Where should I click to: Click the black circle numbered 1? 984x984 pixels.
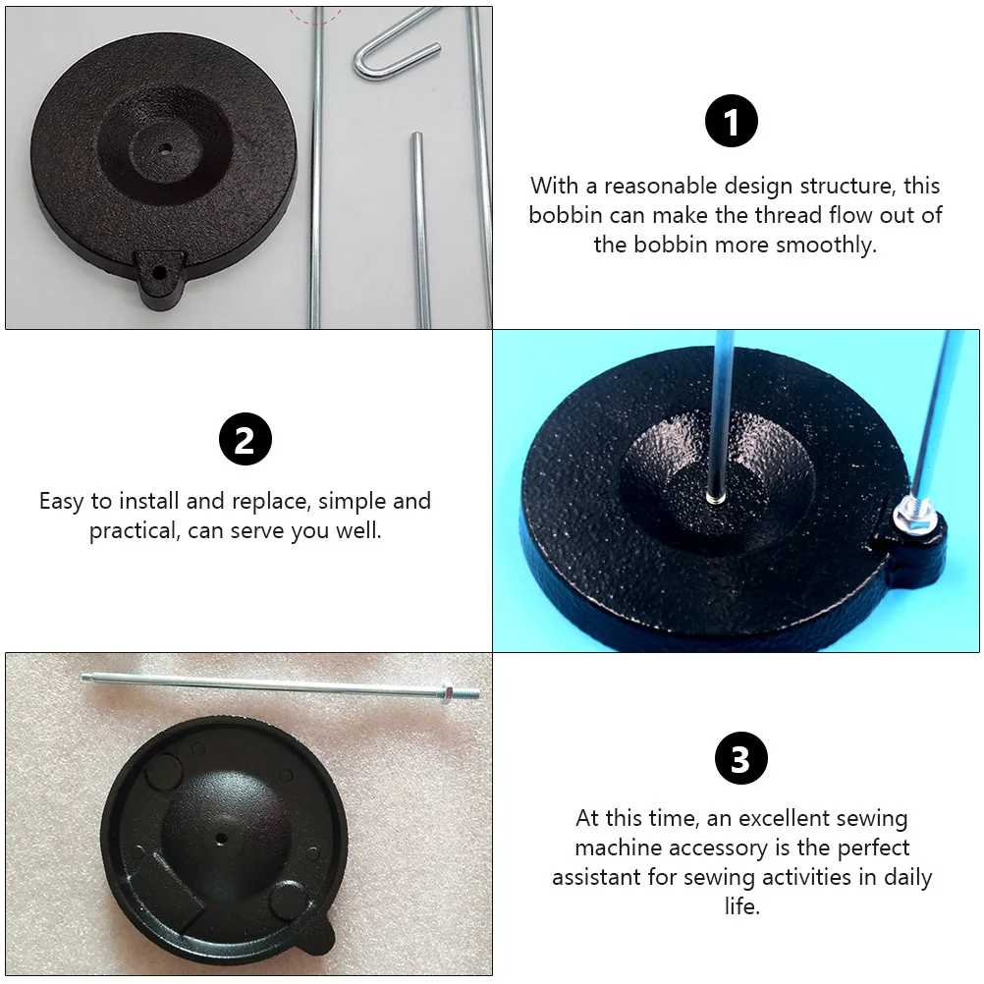click(733, 124)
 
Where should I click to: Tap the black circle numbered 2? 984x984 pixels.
click(245, 440)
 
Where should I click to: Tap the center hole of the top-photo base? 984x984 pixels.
click(165, 149)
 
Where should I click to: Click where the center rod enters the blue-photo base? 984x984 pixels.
click(716, 496)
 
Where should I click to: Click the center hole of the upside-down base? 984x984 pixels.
click(219, 840)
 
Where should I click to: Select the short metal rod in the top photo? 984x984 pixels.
click(419, 226)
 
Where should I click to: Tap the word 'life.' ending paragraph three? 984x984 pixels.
click(742, 906)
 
